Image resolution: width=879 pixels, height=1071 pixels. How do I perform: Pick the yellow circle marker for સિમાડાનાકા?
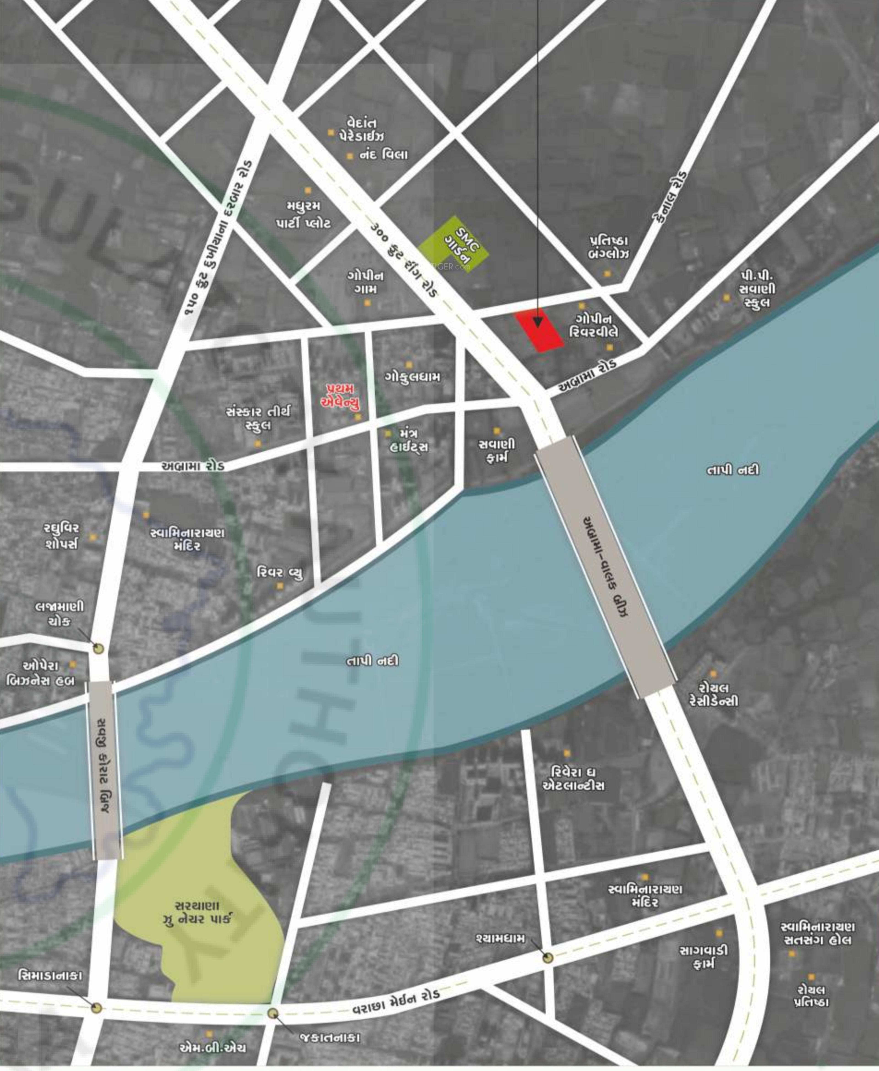tap(96, 1008)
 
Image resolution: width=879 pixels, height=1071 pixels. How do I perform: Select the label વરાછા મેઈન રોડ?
tap(396, 1003)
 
